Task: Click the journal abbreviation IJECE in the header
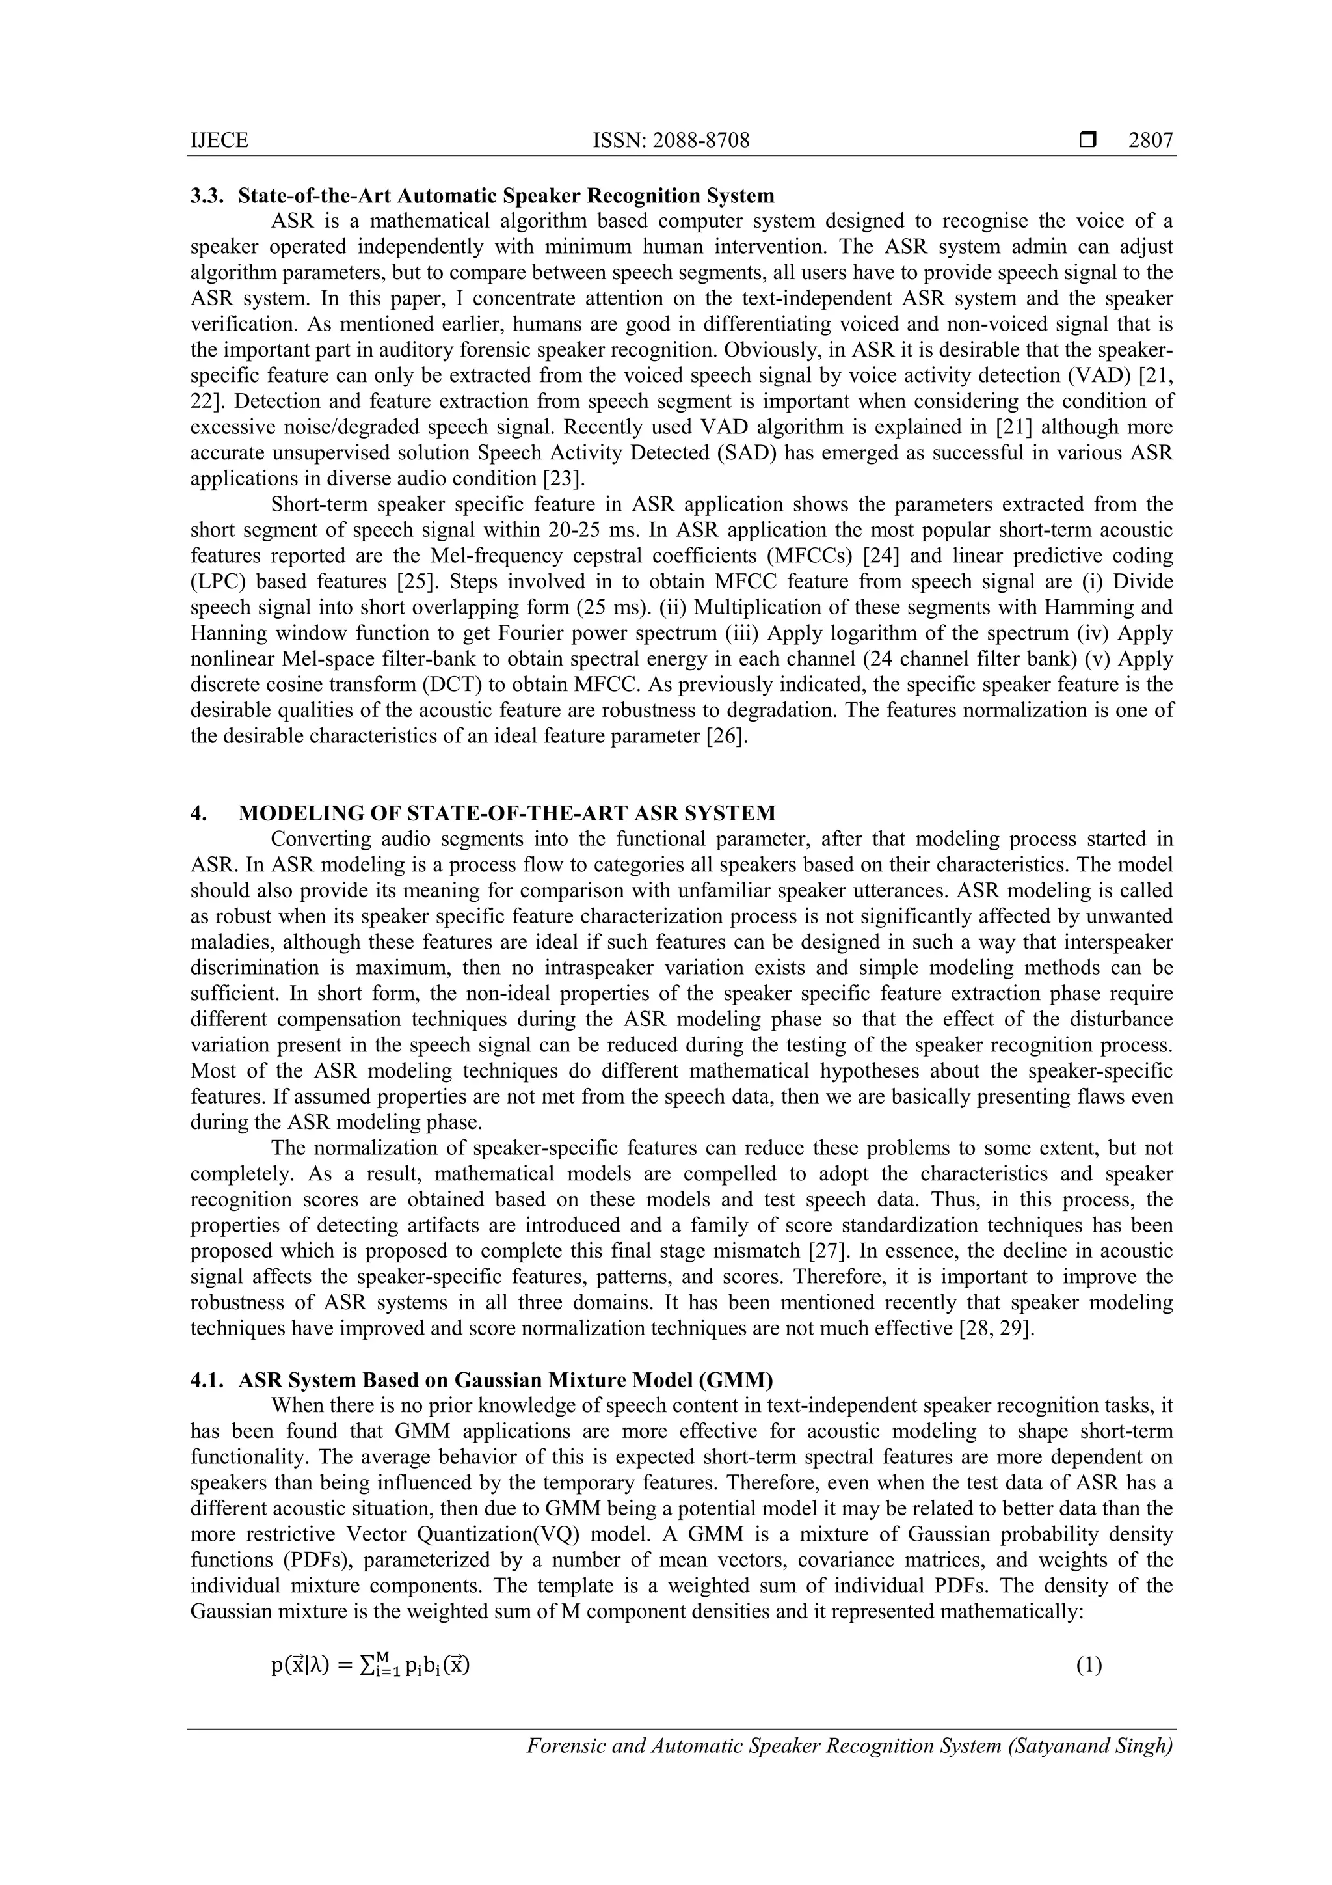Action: pos(219,141)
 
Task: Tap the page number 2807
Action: pos(1151,141)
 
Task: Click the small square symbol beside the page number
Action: pos(1088,141)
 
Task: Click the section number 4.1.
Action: pos(206,1381)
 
